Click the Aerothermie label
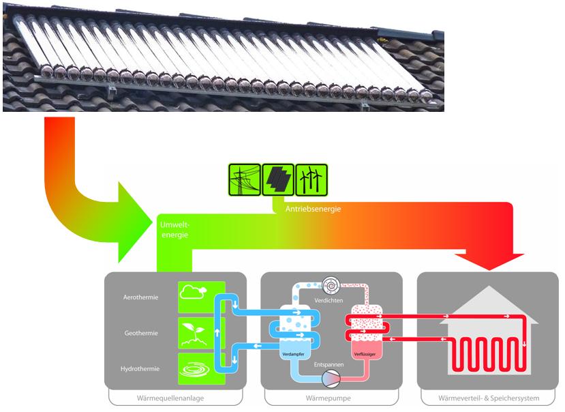[141, 298]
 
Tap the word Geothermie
[141, 334]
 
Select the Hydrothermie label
[141, 369]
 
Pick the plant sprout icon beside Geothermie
[194, 334]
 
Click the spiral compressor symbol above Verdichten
[333, 284]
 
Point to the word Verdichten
[329, 300]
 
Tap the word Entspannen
[329, 366]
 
